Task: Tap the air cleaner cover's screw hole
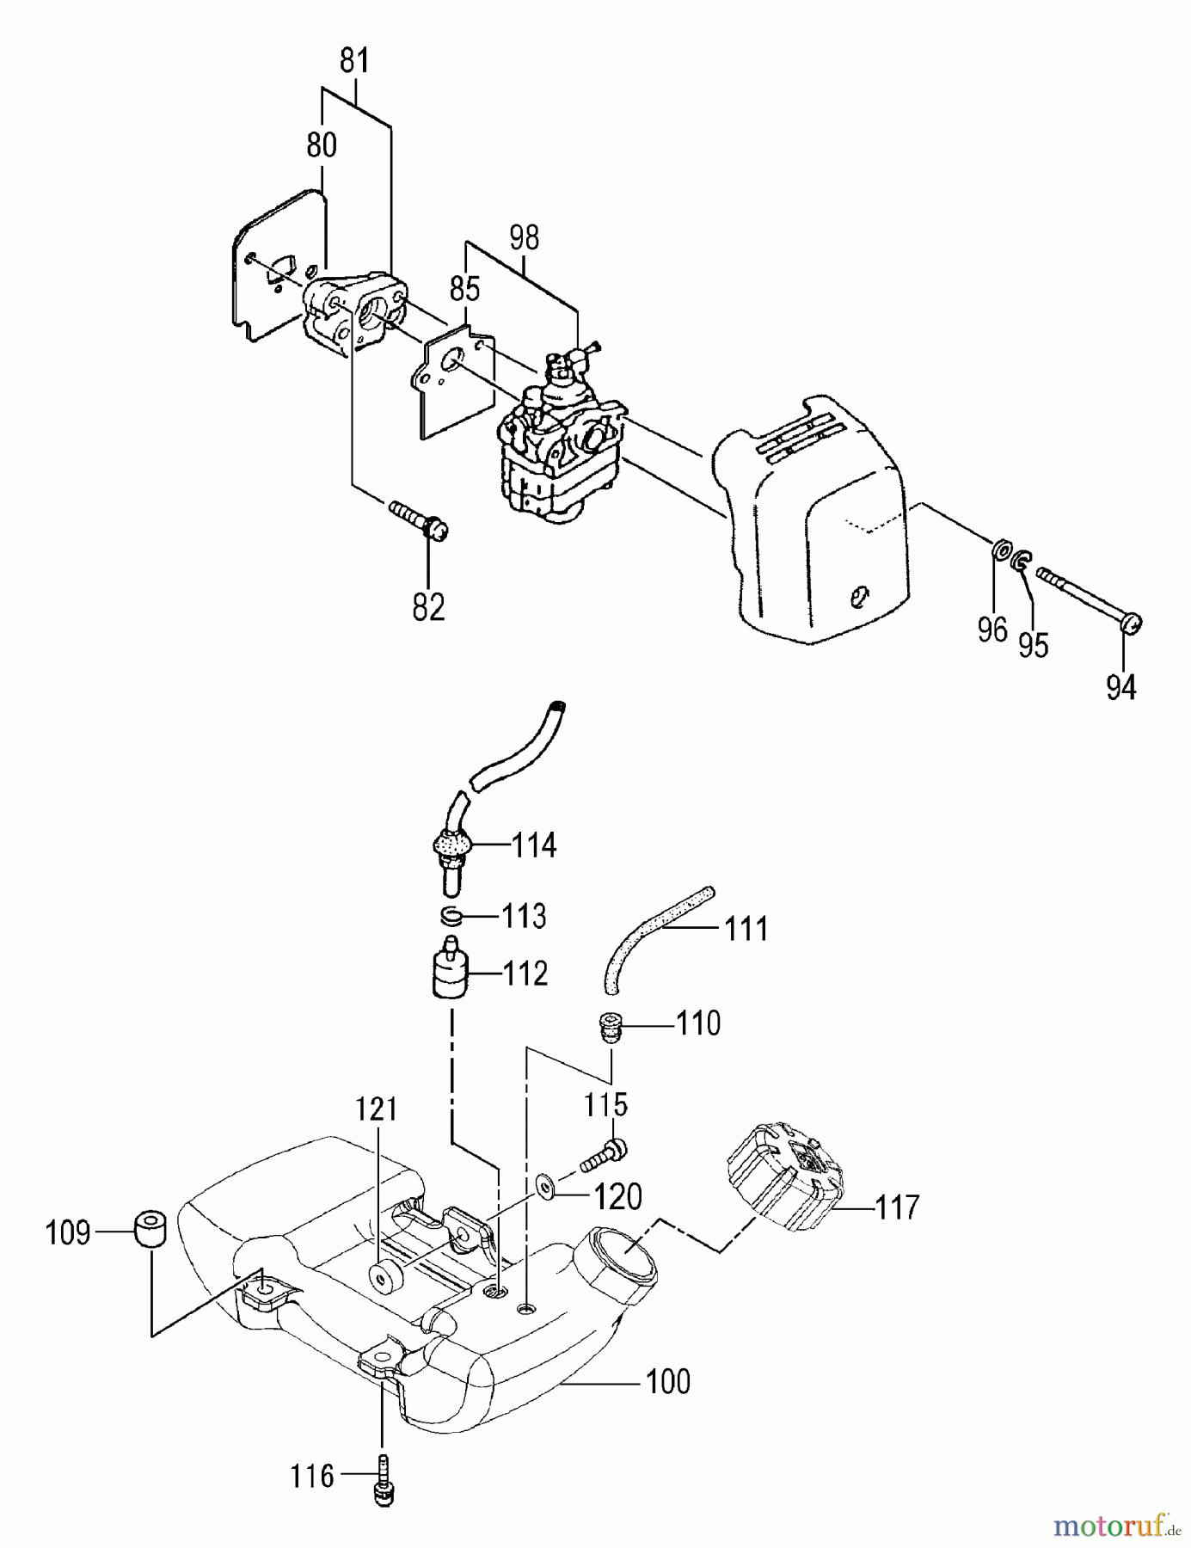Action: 859,595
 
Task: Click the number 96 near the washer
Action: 991,630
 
